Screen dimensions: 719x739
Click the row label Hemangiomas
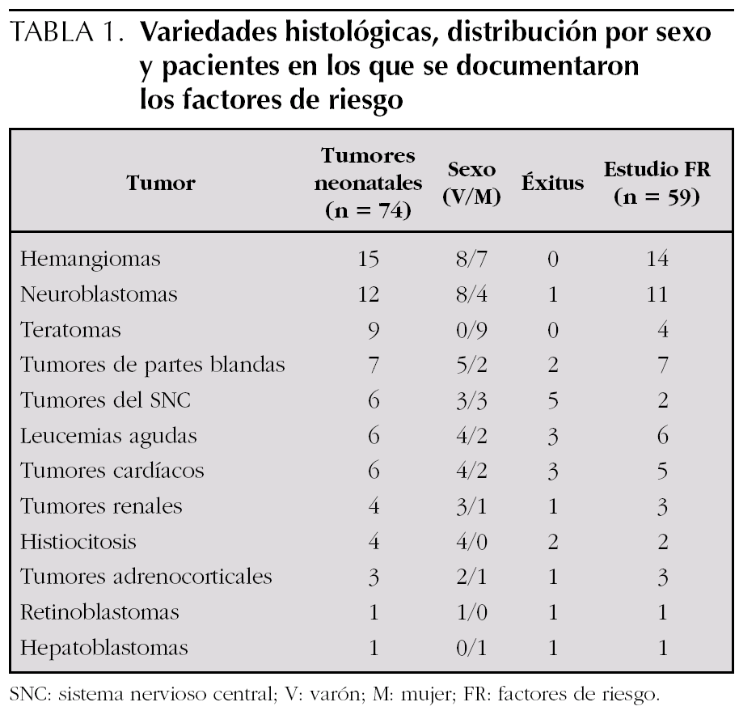pos(90,259)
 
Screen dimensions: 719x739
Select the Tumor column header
pos(161,183)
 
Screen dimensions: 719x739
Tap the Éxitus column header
pos(552,183)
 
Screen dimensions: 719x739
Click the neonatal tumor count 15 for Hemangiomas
pos(368,259)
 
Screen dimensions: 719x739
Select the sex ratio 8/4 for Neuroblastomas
pos(471,294)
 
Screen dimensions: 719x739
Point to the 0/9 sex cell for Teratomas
pos(471,330)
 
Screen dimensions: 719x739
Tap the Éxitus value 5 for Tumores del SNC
pos(552,400)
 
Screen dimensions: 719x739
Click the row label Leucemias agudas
pos(108,436)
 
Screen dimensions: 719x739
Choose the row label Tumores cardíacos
pos(112,471)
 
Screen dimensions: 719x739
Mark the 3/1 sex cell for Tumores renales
pos(471,506)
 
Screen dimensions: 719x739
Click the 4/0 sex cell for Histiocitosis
pos(471,542)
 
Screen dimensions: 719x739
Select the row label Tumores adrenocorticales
pos(146,577)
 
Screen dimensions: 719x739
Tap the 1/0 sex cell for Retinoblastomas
pos(471,612)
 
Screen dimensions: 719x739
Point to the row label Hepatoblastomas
pos(104,648)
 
